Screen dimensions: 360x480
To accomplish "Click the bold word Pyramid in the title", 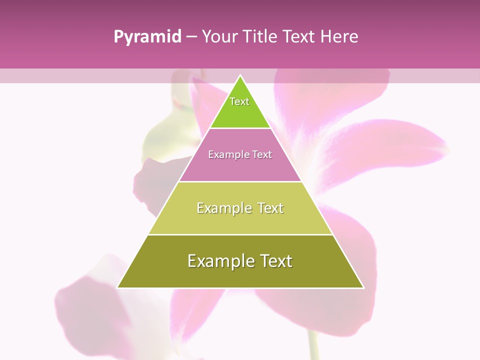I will (x=147, y=37).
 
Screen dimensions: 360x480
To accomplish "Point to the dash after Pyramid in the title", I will (x=191, y=37).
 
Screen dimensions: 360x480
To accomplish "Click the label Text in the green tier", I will (x=239, y=101).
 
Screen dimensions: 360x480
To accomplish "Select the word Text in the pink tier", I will (x=262, y=154).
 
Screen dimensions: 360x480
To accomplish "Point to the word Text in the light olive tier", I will (x=270, y=208).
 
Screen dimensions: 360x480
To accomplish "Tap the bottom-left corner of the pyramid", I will (x=118, y=287).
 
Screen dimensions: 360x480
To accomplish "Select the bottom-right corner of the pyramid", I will (x=363, y=287).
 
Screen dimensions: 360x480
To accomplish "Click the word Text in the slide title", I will (x=297, y=36).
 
